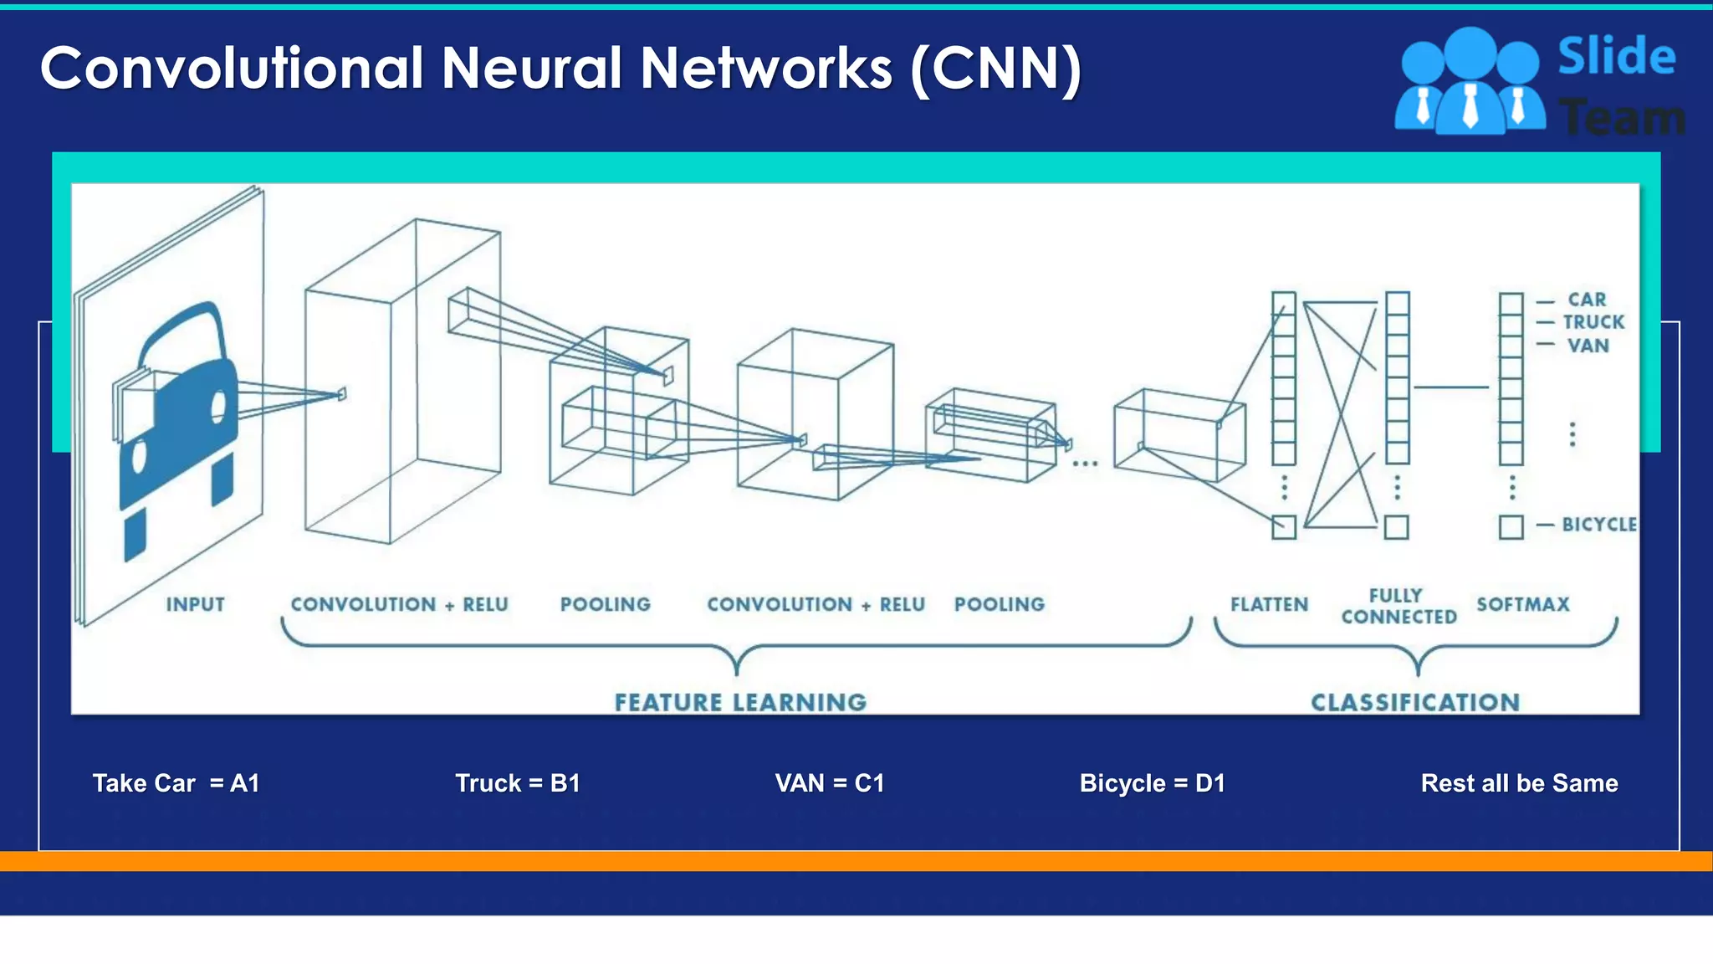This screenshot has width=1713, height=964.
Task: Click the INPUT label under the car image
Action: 195,604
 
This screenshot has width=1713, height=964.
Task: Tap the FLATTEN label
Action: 1269,604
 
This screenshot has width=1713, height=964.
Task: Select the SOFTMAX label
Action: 1522,604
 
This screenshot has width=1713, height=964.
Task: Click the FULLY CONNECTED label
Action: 1399,607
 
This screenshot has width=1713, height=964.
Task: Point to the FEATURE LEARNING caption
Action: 740,702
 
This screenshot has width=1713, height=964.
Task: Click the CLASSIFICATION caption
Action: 1415,702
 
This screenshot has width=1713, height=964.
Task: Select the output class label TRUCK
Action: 1593,322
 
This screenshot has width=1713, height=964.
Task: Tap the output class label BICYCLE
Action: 1598,525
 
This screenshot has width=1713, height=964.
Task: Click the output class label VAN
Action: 1588,346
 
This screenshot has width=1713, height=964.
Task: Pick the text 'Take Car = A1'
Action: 176,783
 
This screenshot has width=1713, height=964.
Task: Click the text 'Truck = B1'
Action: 517,783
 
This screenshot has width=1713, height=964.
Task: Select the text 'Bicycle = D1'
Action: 1152,783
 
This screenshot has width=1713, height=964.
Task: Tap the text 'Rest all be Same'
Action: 1519,783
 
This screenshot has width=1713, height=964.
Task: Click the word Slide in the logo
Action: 1616,57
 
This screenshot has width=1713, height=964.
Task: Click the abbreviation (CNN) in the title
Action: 995,69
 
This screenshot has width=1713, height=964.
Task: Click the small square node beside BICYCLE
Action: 1511,527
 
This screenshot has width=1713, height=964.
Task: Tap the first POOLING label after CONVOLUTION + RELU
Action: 605,604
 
